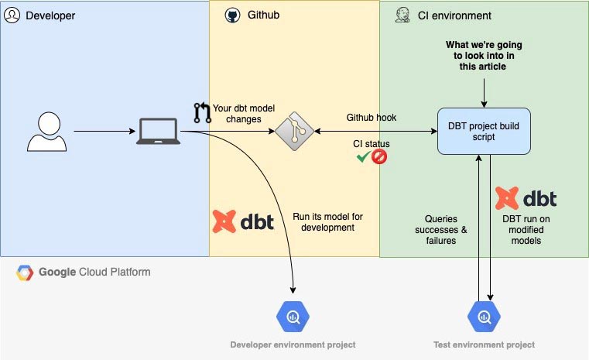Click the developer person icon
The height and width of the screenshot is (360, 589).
(x=47, y=132)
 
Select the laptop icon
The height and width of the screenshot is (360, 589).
(x=158, y=132)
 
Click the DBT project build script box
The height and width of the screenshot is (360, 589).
(x=483, y=131)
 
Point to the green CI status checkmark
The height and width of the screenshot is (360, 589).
(x=361, y=157)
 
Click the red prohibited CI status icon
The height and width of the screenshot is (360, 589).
(x=379, y=157)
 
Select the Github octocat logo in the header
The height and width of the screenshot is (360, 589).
(x=232, y=15)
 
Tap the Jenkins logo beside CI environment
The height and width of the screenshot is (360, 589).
(x=402, y=15)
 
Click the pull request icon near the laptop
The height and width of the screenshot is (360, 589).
(x=202, y=113)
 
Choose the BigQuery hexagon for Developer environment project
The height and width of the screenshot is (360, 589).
(x=293, y=316)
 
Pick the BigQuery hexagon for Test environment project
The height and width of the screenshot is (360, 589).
(x=484, y=316)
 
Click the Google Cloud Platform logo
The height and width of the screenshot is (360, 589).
(x=26, y=273)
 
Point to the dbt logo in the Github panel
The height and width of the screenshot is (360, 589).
(x=243, y=221)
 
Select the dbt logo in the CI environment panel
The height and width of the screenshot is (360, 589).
(x=526, y=198)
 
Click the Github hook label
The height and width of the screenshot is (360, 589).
(x=371, y=118)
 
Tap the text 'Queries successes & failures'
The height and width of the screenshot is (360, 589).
(x=440, y=229)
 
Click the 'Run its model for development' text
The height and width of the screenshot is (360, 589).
(x=327, y=222)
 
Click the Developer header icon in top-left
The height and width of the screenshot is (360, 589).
(x=12, y=15)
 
